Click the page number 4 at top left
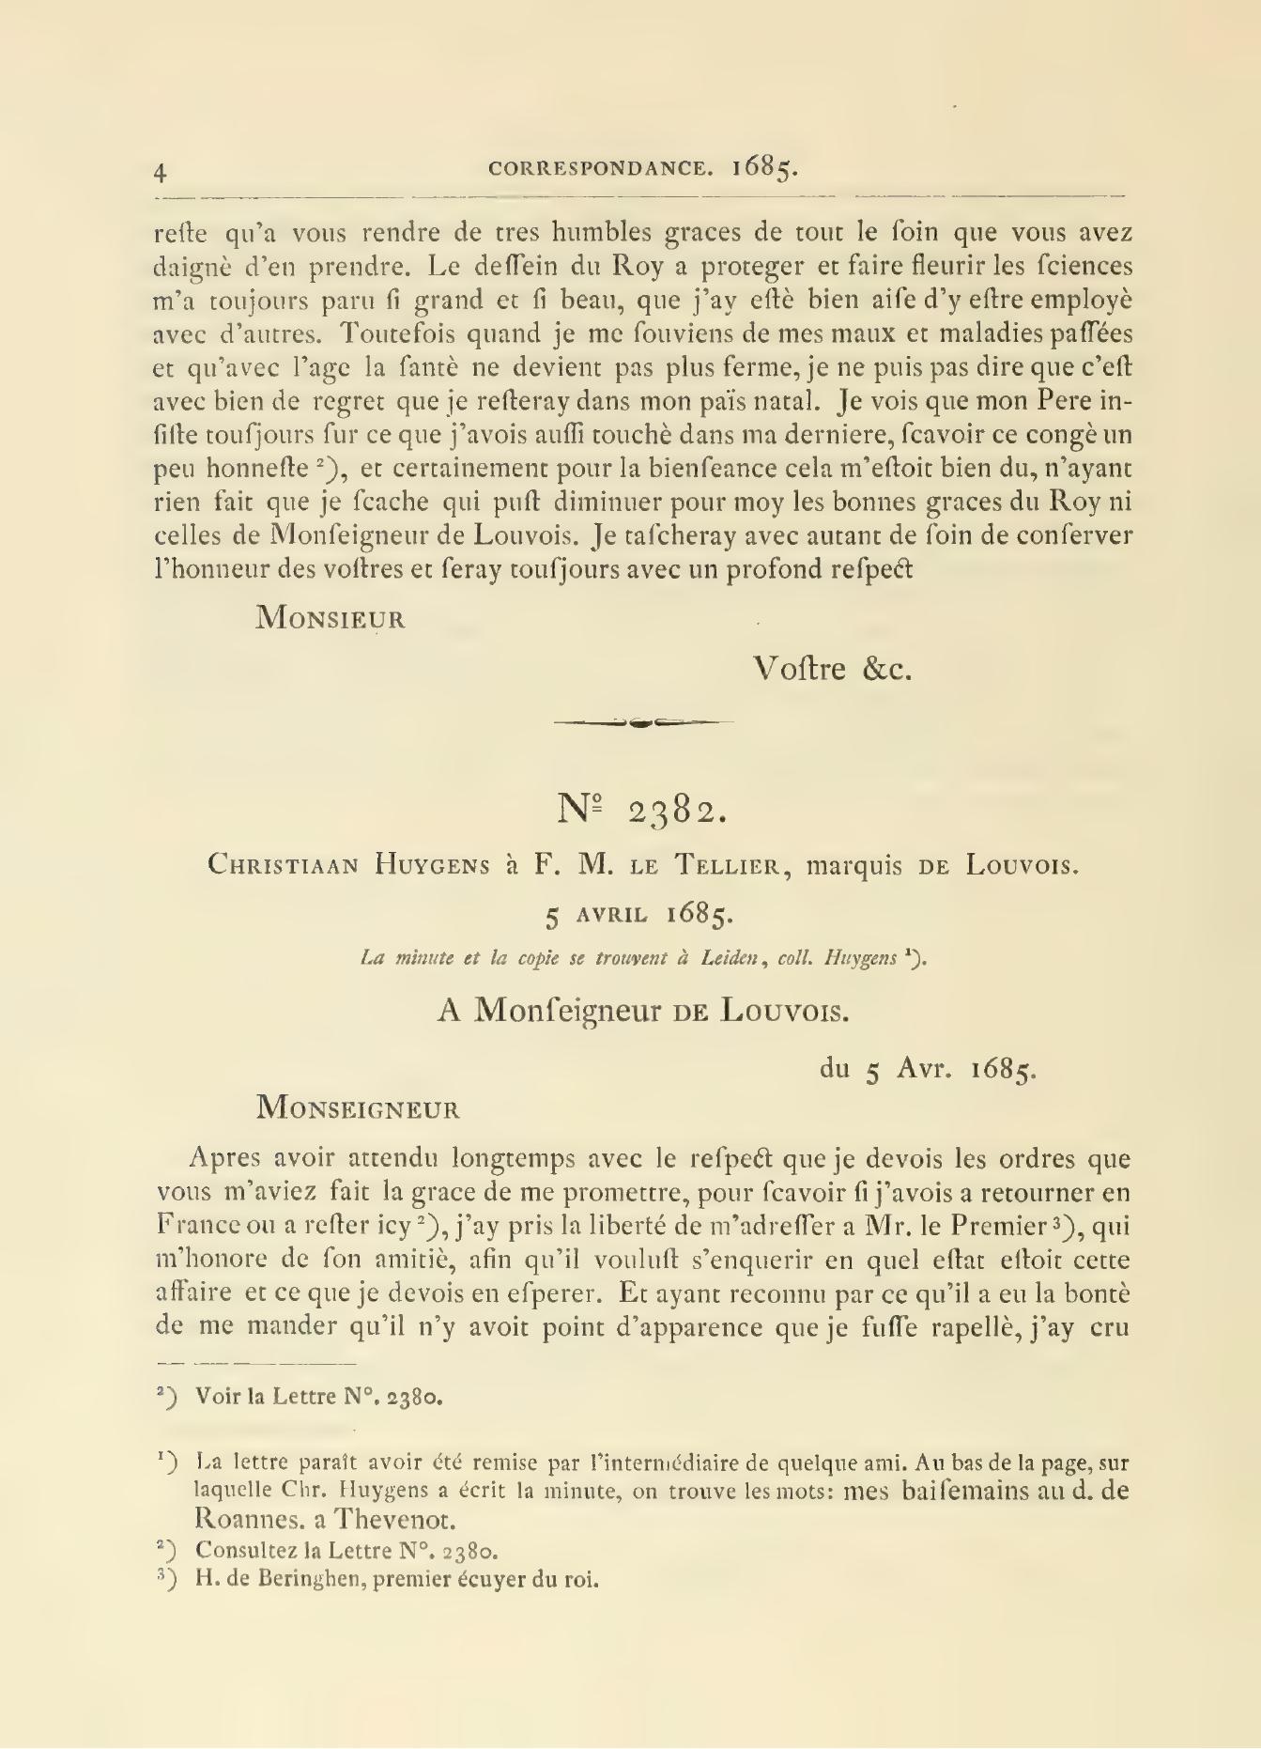161,172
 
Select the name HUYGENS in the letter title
433,865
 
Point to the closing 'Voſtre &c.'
832,669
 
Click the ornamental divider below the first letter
643,722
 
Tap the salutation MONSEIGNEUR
359,1107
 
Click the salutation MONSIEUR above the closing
331,618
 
